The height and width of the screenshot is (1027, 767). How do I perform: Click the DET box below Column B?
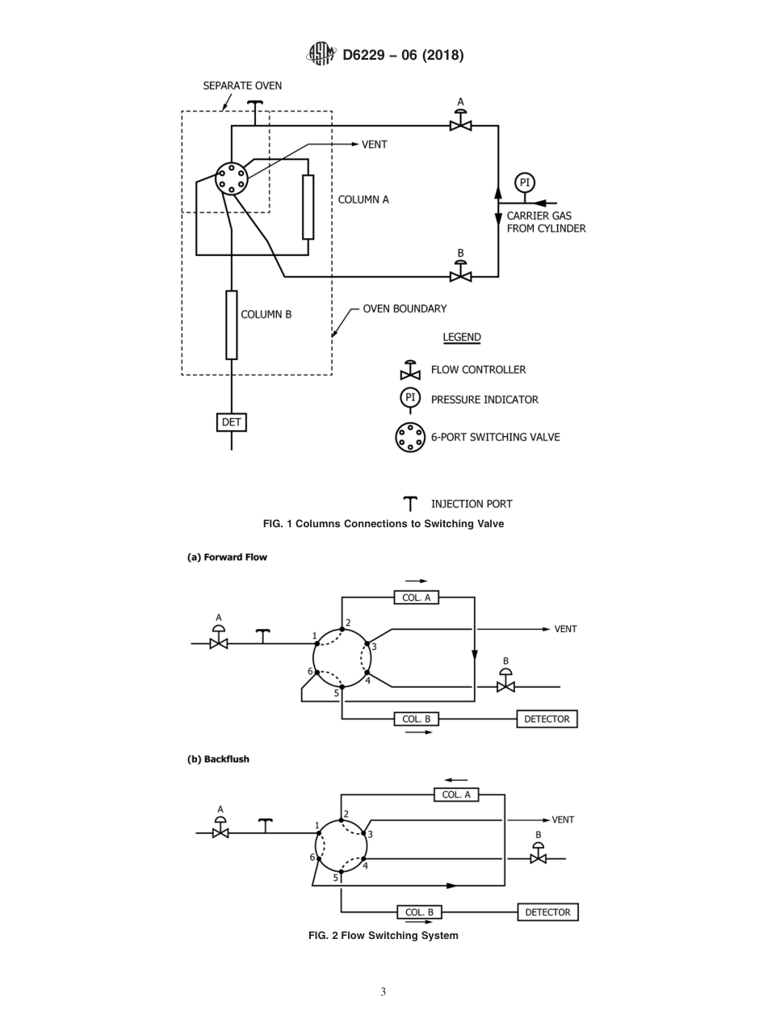click(232, 422)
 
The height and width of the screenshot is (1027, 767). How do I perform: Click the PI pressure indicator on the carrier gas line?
click(525, 182)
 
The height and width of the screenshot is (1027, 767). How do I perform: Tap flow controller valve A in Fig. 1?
click(460, 124)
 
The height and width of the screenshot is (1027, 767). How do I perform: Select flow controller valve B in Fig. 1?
click(460, 275)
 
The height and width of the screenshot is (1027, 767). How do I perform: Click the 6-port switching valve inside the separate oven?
click(231, 178)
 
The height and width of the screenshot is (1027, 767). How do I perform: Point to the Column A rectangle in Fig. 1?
click(308, 207)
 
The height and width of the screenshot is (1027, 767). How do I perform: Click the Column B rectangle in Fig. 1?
click(232, 325)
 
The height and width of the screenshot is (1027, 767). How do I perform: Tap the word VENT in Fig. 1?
click(375, 145)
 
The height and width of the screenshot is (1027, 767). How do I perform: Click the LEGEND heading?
click(462, 337)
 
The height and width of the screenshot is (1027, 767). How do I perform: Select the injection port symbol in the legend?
click(410, 504)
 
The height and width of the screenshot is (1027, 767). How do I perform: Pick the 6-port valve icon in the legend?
click(410, 438)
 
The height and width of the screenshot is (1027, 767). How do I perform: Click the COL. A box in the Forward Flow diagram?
click(417, 597)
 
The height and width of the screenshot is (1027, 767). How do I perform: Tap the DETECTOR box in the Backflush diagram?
click(547, 912)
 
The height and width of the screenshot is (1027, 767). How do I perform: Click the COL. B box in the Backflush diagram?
click(419, 912)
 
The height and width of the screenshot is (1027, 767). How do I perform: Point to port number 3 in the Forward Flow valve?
click(374, 647)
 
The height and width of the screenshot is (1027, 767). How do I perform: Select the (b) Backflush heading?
click(218, 759)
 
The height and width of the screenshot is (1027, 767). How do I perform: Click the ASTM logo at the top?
click(321, 55)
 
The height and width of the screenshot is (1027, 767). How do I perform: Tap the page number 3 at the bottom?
click(383, 991)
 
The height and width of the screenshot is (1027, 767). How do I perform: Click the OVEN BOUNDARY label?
click(404, 308)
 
